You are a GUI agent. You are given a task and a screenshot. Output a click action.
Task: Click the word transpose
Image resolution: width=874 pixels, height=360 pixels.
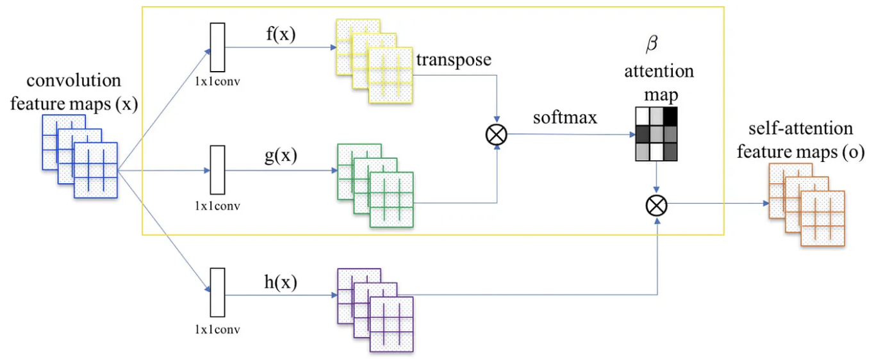tap(453, 60)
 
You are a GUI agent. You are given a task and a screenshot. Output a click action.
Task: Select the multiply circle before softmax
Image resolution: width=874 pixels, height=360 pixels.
tap(497, 134)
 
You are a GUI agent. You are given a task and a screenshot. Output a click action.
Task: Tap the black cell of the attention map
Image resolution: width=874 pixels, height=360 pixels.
tap(670, 117)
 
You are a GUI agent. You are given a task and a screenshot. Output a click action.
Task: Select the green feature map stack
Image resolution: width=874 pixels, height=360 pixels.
tap(375, 185)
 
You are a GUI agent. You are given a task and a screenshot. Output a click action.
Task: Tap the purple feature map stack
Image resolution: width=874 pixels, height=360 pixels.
tap(375, 310)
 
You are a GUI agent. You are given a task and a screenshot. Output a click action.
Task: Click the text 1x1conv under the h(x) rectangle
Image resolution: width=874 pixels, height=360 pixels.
tap(218, 331)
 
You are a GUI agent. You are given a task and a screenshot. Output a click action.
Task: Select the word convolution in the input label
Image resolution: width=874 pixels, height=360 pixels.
tap(74, 81)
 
